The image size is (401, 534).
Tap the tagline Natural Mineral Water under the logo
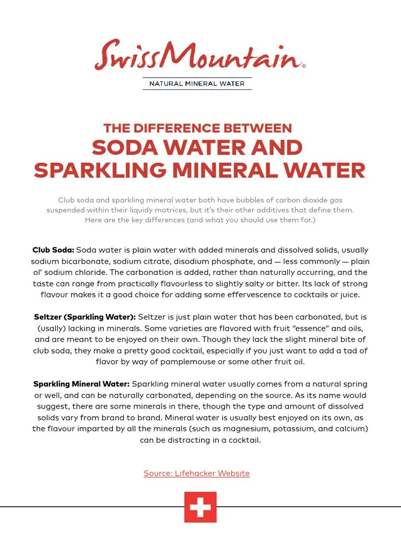tap(197, 83)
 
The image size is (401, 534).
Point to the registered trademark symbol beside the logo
tap(304, 67)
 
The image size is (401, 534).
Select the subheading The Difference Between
tap(197, 128)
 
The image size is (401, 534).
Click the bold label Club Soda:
tap(53, 250)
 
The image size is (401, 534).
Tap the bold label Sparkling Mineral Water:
tap(81, 384)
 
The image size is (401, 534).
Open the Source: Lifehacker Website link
tap(197, 474)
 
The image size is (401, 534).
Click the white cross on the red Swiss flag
tap(200, 507)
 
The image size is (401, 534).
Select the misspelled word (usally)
tap(56, 329)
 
